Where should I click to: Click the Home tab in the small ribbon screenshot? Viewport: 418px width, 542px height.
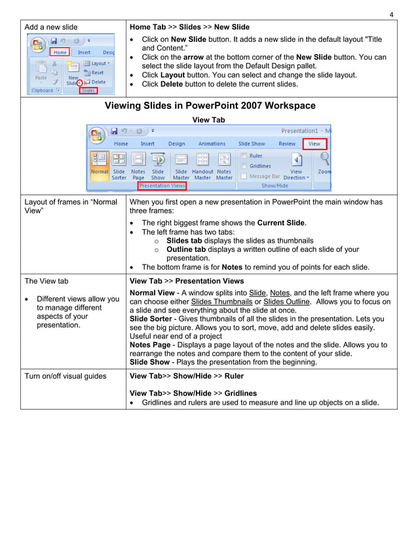point(60,52)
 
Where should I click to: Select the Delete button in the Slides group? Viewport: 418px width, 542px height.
point(97,82)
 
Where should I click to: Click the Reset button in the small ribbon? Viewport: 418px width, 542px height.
point(97,73)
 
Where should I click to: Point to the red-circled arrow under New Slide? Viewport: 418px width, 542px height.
point(80,83)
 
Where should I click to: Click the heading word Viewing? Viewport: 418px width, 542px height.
point(128,106)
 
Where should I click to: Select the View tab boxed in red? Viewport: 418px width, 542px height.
point(314,144)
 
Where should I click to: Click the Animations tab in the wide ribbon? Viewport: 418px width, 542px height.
point(212,144)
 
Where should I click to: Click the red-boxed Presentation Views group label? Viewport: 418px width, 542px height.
point(162,186)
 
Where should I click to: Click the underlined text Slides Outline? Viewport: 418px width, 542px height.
point(289,302)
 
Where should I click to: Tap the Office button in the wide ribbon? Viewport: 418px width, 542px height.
point(97,135)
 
